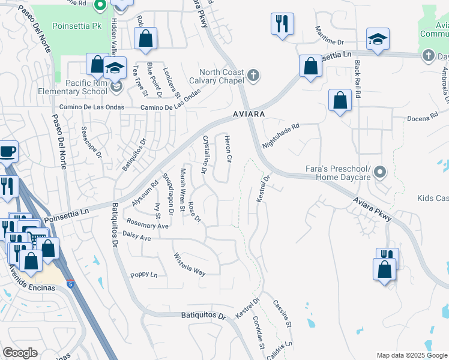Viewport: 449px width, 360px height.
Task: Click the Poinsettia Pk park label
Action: tap(76, 26)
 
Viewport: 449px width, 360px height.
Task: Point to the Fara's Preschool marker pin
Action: tap(379, 173)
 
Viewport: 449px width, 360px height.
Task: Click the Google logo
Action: tap(20, 353)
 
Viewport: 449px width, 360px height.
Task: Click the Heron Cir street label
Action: tap(228, 149)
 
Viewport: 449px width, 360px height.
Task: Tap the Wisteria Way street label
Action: tap(190, 265)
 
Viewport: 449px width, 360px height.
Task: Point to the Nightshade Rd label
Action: tap(280, 137)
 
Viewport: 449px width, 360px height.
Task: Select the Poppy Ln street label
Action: tap(143, 275)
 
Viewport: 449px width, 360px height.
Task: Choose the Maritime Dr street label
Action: tap(331, 42)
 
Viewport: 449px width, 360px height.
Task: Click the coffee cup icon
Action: tap(7, 151)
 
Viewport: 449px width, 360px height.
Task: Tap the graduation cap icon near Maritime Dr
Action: tap(378, 40)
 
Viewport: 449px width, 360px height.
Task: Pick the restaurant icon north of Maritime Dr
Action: tap(282, 24)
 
